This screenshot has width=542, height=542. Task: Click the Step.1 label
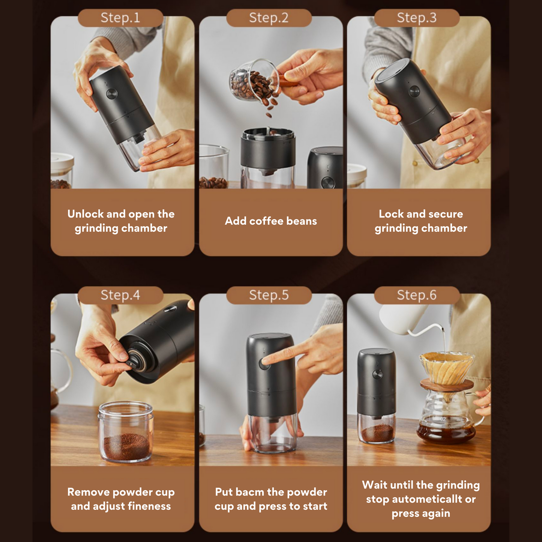coord(120,18)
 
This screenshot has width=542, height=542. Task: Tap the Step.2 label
coord(269,18)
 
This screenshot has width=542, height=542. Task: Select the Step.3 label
coord(417,18)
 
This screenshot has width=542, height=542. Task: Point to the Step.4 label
coord(120,295)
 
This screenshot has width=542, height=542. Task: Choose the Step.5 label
coord(269,295)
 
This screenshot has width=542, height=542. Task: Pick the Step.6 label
coord(417,295)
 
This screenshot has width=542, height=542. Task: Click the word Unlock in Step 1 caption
coord(86,214)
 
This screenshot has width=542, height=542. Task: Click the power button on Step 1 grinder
coord(111,94)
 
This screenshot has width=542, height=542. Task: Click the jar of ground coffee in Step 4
coord(125,432)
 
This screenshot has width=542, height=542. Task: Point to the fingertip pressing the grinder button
coord(266,361)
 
